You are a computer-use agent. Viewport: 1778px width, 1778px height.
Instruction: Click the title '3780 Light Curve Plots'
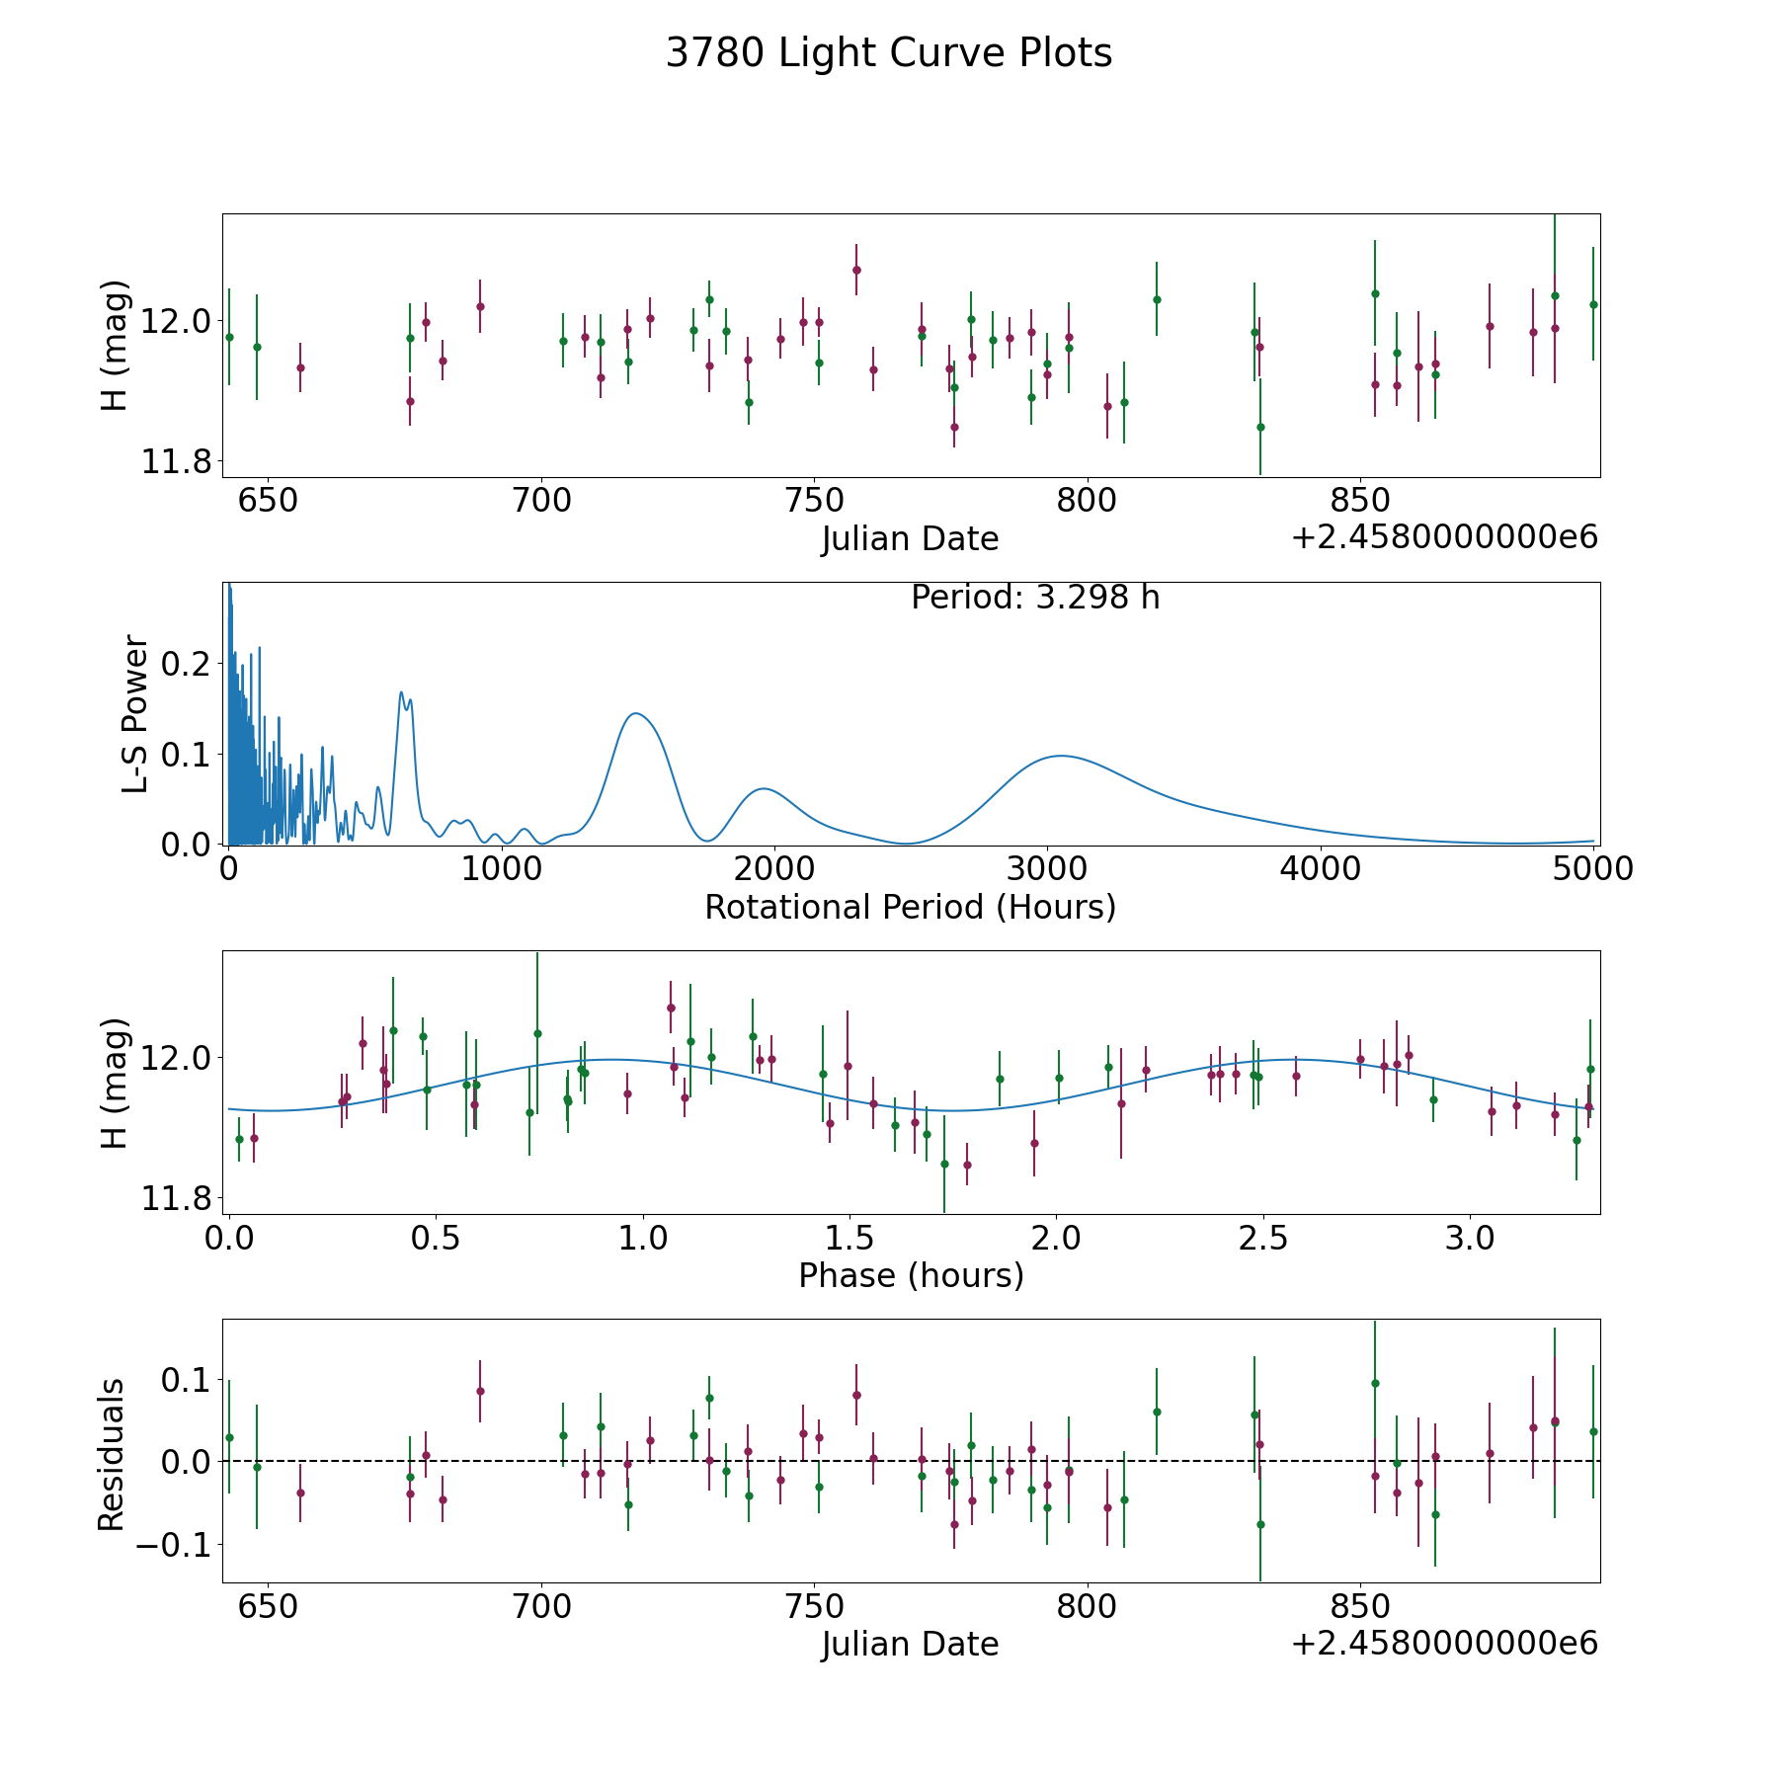889,53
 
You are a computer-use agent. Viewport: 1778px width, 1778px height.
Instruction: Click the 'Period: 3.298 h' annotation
1035,598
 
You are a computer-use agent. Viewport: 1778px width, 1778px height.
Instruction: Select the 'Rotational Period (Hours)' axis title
910,907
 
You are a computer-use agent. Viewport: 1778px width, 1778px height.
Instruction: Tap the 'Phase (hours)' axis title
911,1275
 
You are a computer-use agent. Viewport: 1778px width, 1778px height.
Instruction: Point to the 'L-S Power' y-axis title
136,713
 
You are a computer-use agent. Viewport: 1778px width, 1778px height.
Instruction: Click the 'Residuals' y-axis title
112,1454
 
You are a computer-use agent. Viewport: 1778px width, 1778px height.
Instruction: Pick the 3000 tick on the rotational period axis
1048,868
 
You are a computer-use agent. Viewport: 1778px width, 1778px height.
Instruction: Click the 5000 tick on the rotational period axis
1593,868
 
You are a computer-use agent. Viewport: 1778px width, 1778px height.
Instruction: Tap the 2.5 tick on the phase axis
1263,1237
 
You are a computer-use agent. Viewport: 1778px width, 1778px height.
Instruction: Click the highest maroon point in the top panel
856,270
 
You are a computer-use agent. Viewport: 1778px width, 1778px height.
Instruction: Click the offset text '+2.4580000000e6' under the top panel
1444,537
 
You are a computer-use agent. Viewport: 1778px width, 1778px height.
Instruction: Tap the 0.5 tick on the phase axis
437,1237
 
